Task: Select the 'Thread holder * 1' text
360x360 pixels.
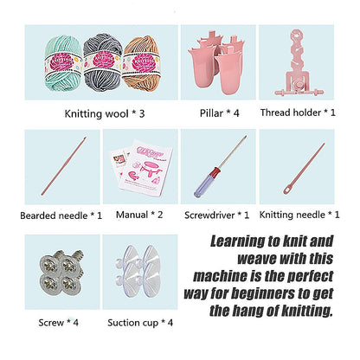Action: coord(300,112)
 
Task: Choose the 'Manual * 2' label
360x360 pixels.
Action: coord(138,215)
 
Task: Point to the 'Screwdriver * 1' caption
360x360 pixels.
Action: coord(217,215)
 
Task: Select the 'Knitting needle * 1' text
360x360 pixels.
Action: coord(299,215)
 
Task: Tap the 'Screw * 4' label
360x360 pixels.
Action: coord(59,322)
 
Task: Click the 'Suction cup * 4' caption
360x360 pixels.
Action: coord(138,322)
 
